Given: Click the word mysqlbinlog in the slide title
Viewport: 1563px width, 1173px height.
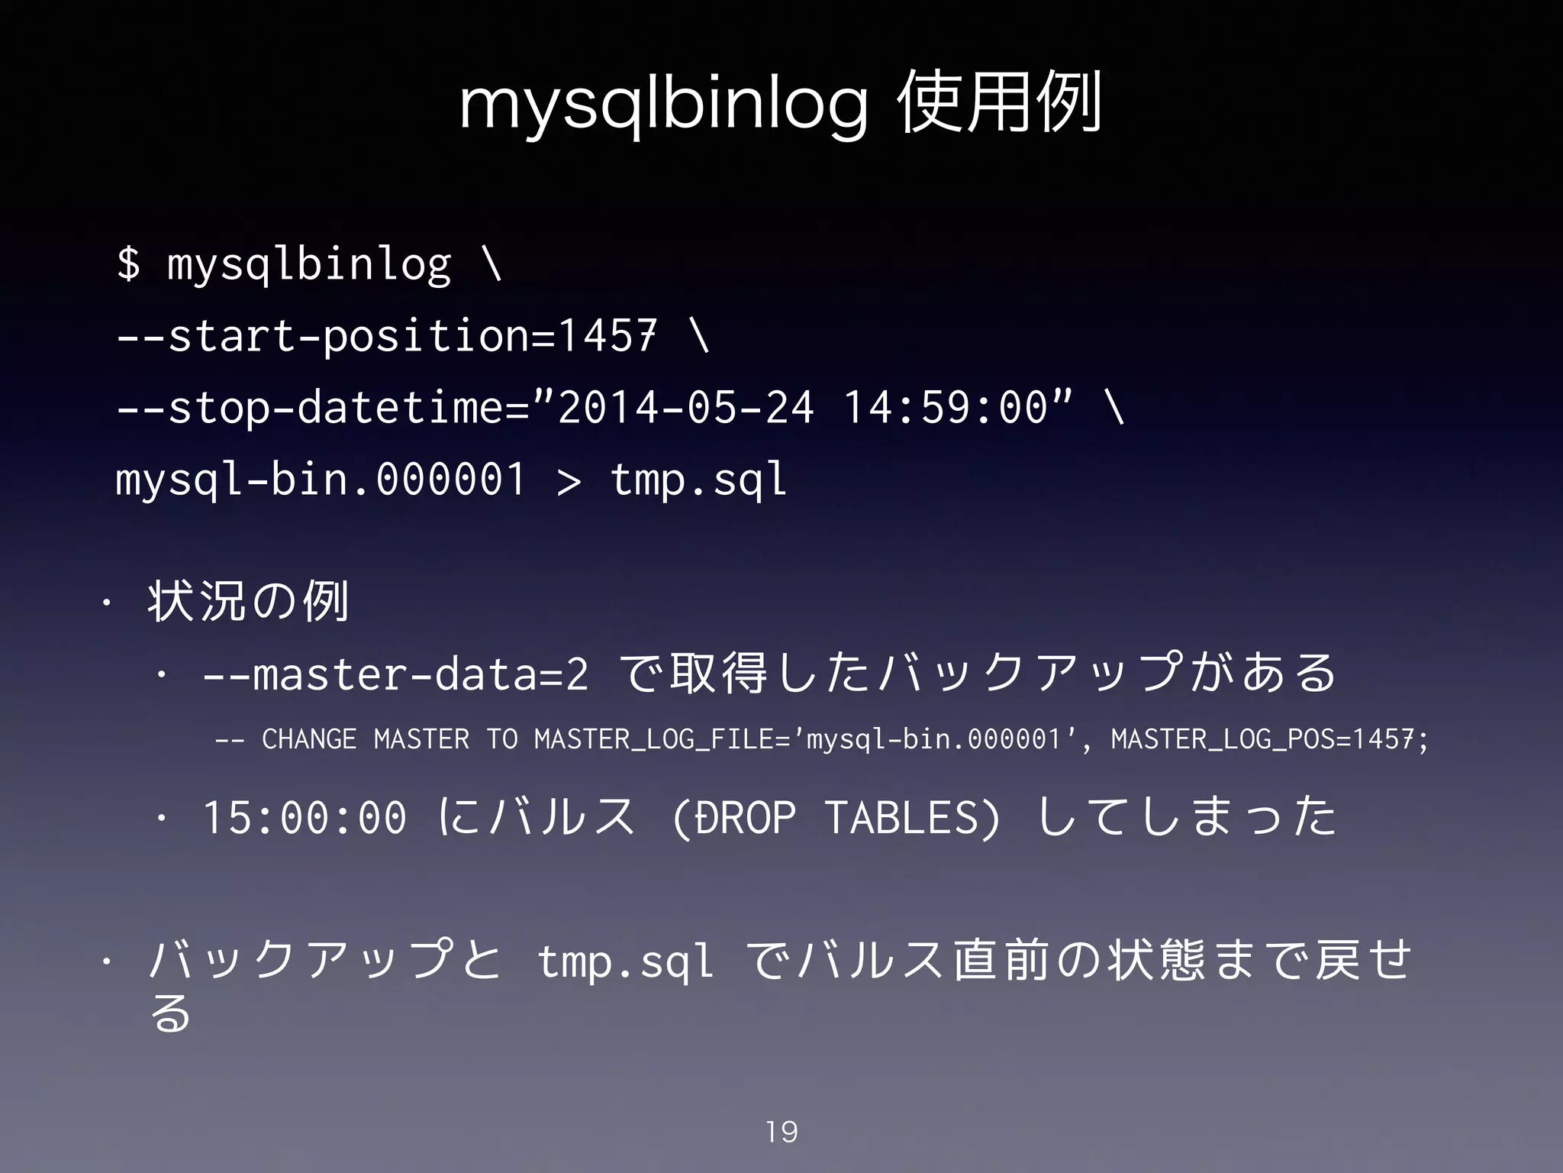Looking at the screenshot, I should point(662,108).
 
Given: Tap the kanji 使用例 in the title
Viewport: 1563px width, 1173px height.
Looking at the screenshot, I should point(1000,104).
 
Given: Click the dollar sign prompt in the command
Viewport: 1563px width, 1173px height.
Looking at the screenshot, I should point(129,263).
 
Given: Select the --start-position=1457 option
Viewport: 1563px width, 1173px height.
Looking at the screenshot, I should point(386,335).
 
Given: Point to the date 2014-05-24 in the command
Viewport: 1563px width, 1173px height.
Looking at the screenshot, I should point(686,407).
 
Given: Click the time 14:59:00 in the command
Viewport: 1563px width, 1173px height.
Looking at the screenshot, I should point(946,407).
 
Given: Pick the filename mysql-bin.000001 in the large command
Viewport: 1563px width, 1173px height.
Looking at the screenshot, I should point(321,480).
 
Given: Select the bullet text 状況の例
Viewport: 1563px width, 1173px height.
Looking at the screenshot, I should point(249,601).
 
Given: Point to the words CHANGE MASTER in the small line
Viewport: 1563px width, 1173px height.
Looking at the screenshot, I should point(365,739).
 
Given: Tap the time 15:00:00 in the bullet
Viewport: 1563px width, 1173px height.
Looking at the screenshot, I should point(305,817).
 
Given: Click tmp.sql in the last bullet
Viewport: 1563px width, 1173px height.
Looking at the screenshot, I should point(625,961).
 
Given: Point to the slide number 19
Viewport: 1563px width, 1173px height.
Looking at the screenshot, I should point(781,1132).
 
